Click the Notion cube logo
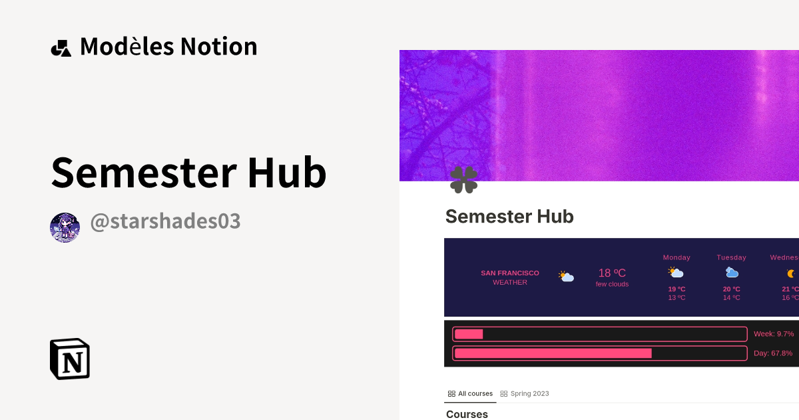click(x=70, y=359)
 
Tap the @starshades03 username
click(x=165, y=221)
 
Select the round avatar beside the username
click(x=65, y=228)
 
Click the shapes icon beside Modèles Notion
click(x=61, y=47)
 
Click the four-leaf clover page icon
click(x=463, y=180)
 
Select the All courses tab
click(x=471, y=393)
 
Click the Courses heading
click(x=467, y=414)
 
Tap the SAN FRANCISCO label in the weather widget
click(x=510, y=273)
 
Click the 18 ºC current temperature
click(x=612, y=273)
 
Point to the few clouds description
click(x=612, y=284)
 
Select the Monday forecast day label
click(x=676, y=257)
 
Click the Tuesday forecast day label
click(x=731, y=257)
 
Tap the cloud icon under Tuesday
click(x=732, y=273)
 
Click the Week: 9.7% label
click(x=774, y=333)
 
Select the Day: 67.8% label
click(x=773, y=353)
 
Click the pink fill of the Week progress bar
click(x=469, y=334)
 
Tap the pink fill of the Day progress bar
click(x=553, y=353)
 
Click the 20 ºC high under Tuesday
click(x=731, y=289)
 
